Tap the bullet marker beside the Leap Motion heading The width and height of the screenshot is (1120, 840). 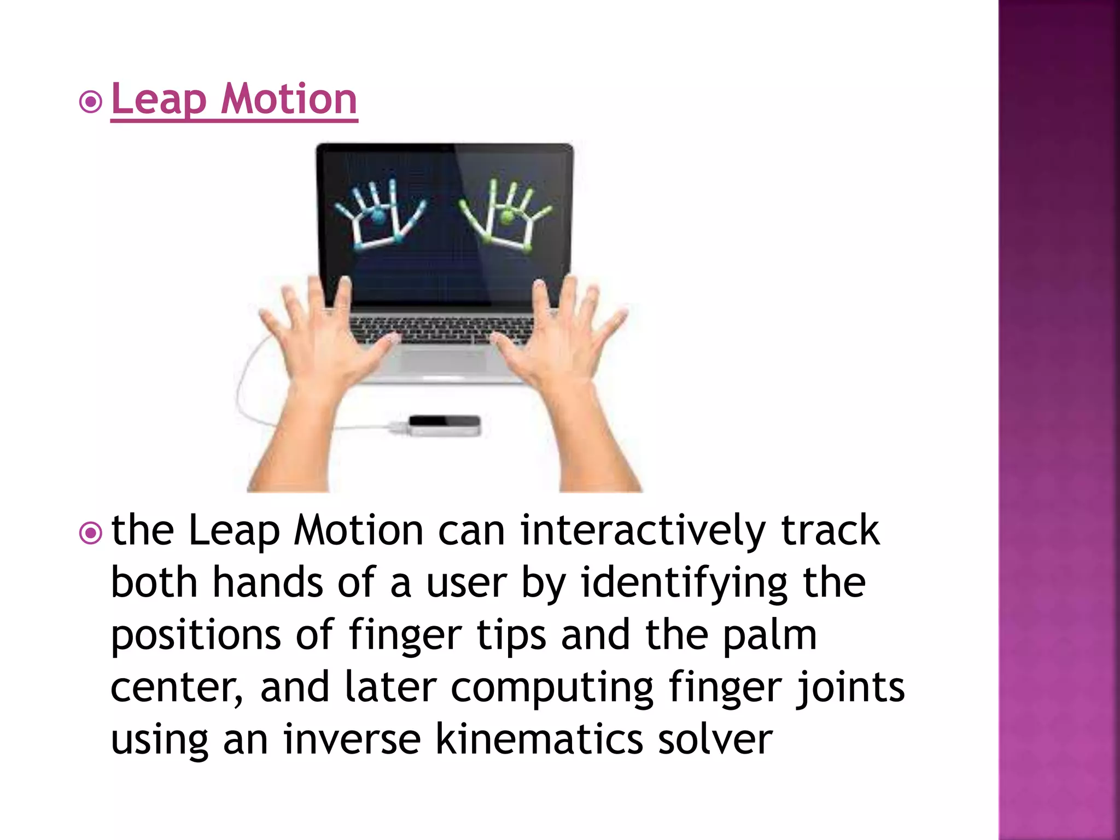point(91,102)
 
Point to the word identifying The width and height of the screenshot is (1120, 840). point(684,583)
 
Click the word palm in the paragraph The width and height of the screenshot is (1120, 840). point(770,635)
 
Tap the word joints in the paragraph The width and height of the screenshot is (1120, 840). point(850,688)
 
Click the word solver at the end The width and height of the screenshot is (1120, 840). point(715,739)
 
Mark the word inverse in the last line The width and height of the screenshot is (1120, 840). point(352,739)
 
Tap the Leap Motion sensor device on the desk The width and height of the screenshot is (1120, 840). point(444,425)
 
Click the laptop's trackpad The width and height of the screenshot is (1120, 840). point(443,361)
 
